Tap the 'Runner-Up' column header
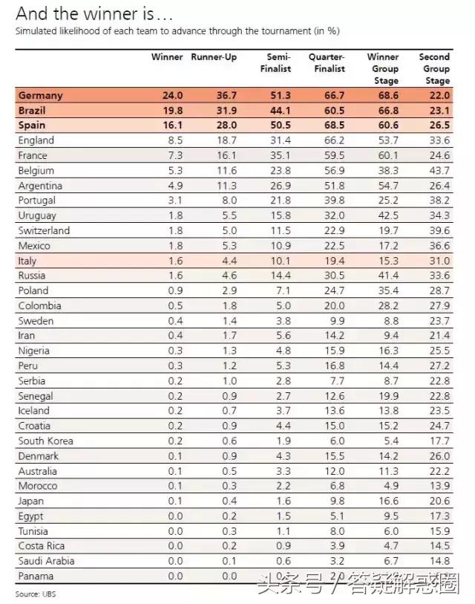(x=214, y=57)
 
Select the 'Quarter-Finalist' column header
(x=327, y=63)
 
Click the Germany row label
(x=41, y=95)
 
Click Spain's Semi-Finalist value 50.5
(x=279, y=126)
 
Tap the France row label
(x=33, y=155)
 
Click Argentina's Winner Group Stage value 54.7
(x=387, y=186)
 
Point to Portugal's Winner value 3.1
(x=175, y=201)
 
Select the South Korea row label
(x=45, y=441)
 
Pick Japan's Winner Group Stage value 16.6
(x=387, y=501)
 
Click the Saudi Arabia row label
(x=46, y=561)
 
